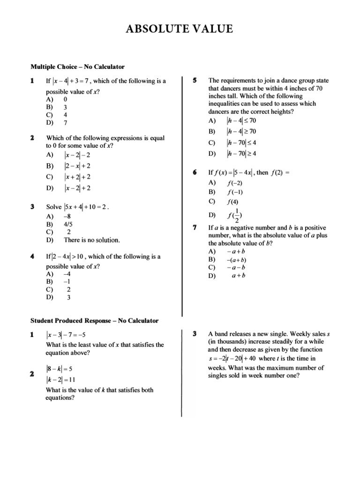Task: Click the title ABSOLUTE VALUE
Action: click(180, 29)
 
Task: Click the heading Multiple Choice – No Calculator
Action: click(77, 67)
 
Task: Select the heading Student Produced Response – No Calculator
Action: click(94, 321)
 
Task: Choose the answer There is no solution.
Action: click(92, 240)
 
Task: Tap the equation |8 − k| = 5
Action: click(59, 369)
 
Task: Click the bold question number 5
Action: click(194, 81)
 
